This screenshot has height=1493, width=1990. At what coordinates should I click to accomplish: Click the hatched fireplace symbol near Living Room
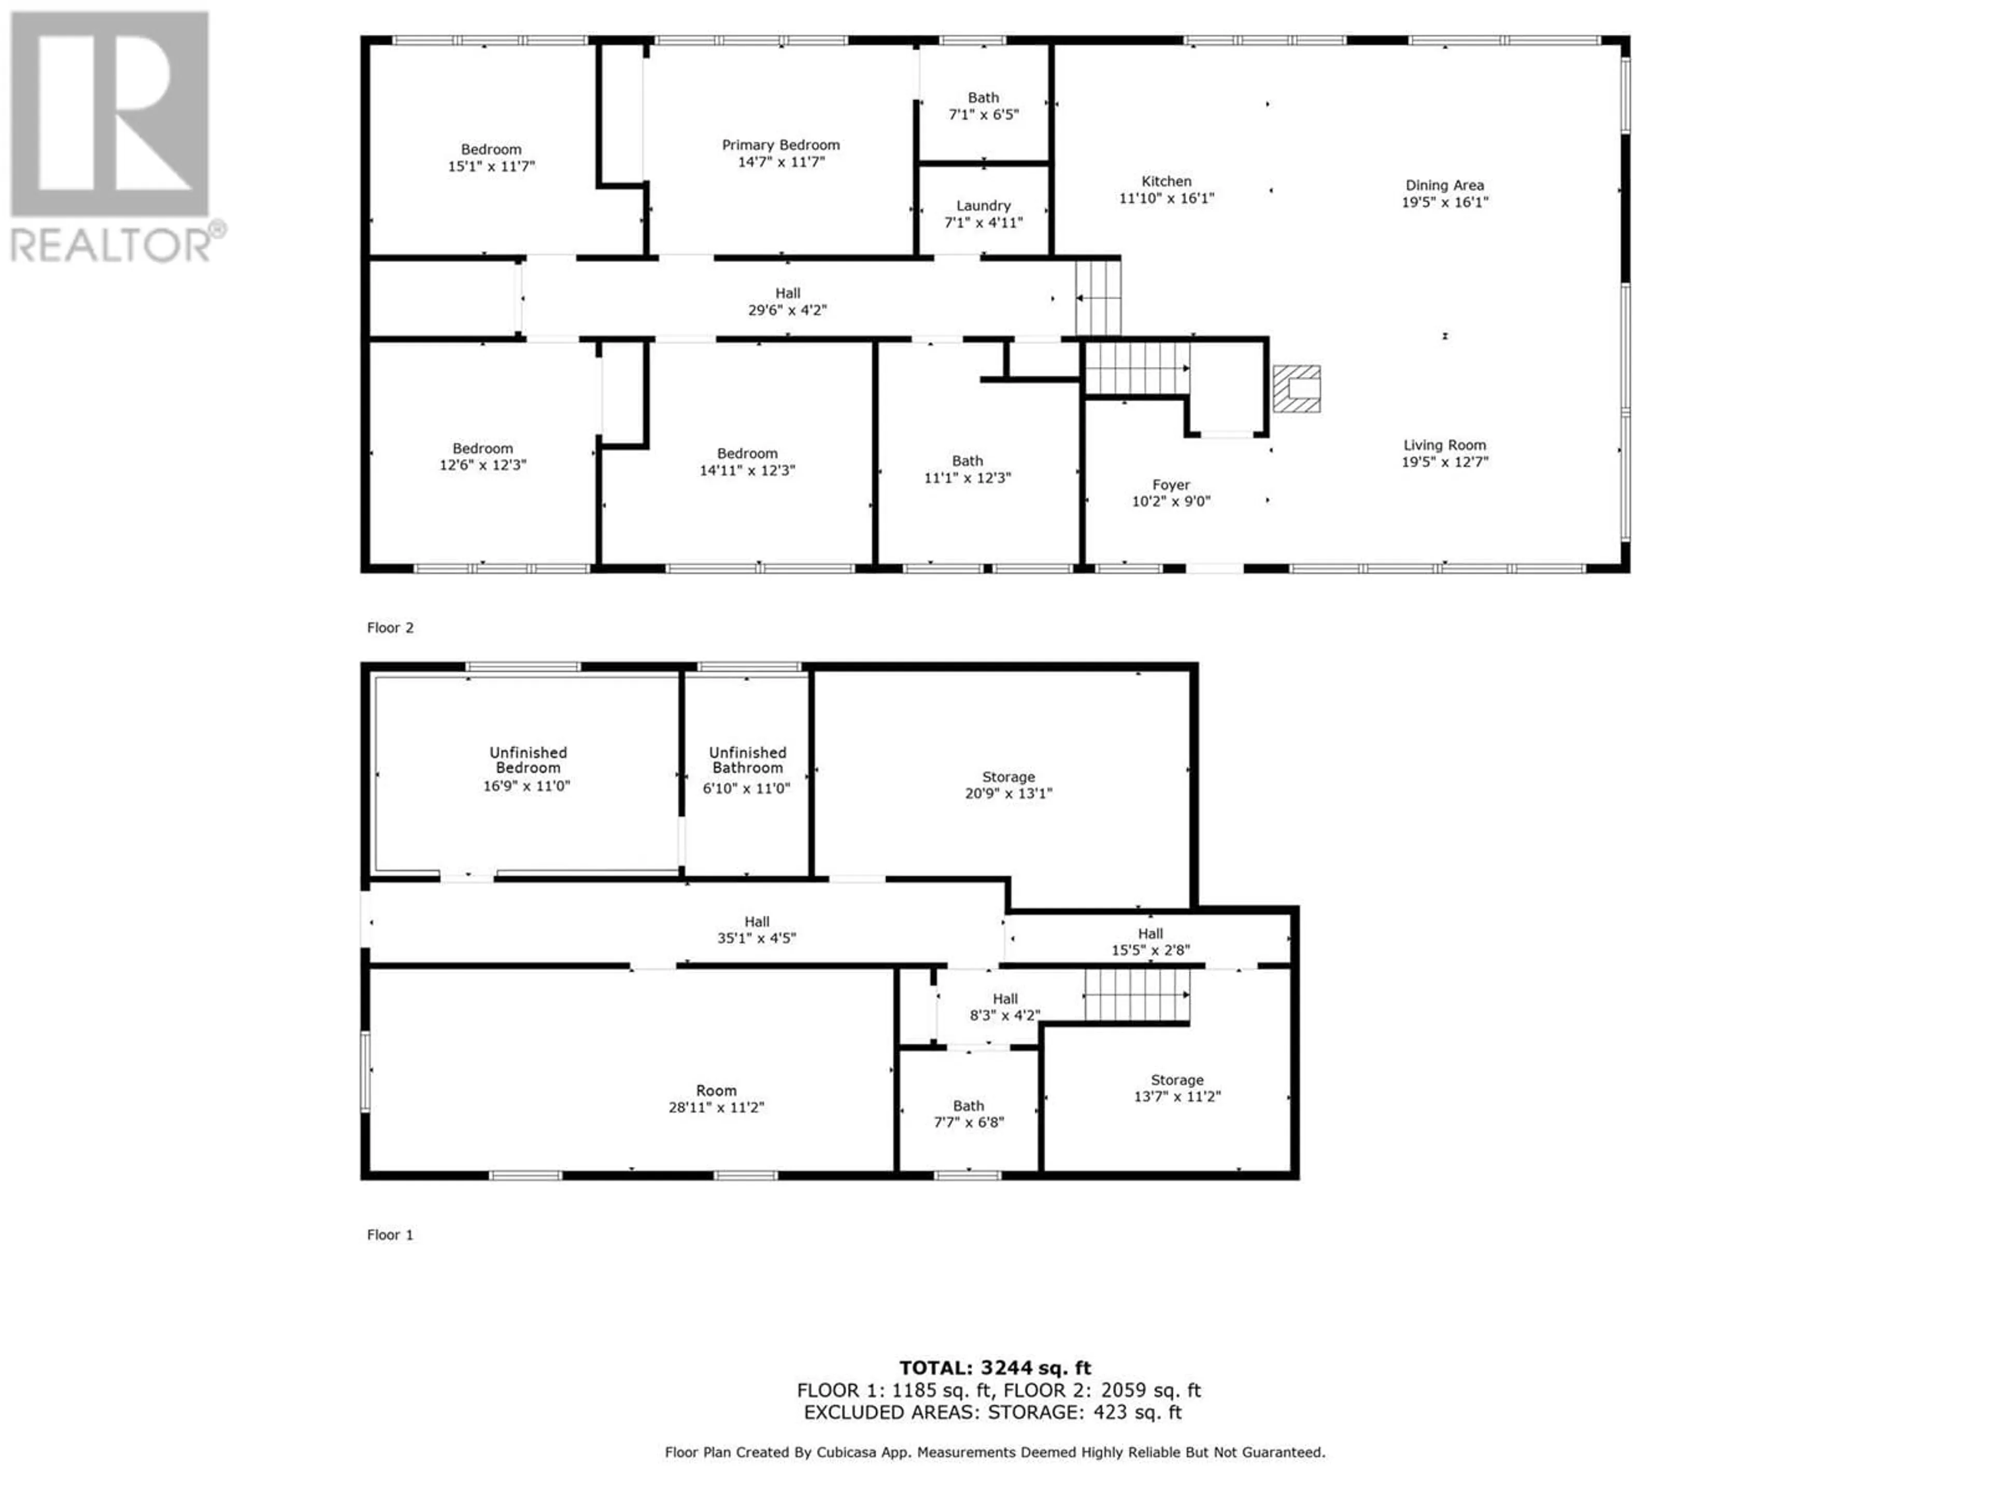[x=1297, y=389]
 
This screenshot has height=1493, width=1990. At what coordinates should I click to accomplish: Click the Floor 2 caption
[x=390, y=628]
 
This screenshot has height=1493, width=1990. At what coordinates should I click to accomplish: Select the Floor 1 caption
[x=390, y=1235]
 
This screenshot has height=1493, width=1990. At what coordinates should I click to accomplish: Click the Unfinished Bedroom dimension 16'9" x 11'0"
[x=527, y=786]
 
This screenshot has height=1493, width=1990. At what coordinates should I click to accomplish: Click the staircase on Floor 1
[x=1137, y=995]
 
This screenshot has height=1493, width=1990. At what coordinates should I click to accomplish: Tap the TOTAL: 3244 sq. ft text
[x=995, y=1368]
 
